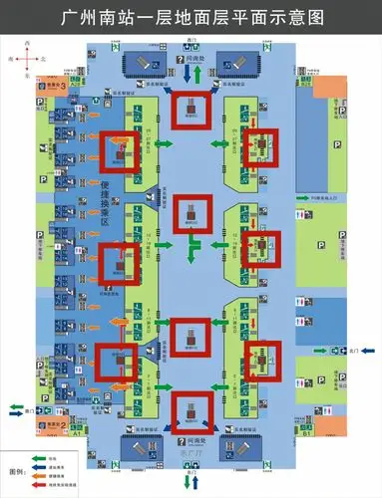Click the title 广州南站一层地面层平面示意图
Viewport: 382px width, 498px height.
click(191, 17)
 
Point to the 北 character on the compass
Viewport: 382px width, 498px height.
click(40, 60)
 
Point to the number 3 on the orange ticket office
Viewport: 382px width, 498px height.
click(63, 86)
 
